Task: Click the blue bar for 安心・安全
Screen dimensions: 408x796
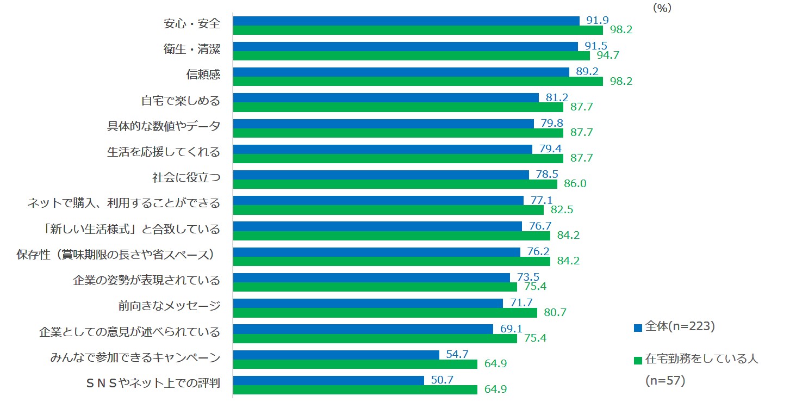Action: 406,21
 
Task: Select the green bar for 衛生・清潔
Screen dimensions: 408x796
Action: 411,55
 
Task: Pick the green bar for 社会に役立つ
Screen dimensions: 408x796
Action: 395,184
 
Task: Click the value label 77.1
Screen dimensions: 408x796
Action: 541,200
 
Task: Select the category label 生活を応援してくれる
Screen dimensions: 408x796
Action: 164,152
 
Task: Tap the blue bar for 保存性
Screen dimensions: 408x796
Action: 376,252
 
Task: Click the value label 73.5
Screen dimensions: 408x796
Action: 528,276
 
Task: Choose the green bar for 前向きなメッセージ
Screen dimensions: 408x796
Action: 385,312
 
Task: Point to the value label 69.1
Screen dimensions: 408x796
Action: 511,328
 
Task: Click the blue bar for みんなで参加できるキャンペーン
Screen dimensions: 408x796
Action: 336,355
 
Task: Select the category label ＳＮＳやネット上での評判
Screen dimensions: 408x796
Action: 153,383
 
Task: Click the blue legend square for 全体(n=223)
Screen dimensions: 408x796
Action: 638,327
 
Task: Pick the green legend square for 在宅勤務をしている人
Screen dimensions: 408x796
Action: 638,360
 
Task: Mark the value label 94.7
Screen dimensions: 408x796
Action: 607,55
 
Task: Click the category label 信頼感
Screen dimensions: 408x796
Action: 203,75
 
